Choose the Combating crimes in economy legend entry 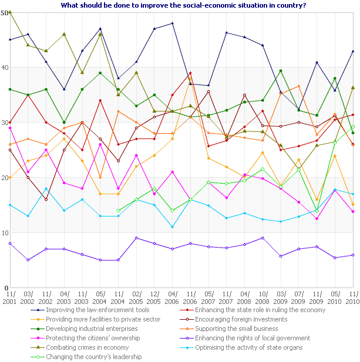coord(82,347)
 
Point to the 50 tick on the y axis coord(5,12)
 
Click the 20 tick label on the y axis coord(5,177)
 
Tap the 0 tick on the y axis coord(6,287)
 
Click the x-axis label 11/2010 coord(352,297)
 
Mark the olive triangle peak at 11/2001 coord(10,12)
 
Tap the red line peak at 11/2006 coord(191,73)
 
